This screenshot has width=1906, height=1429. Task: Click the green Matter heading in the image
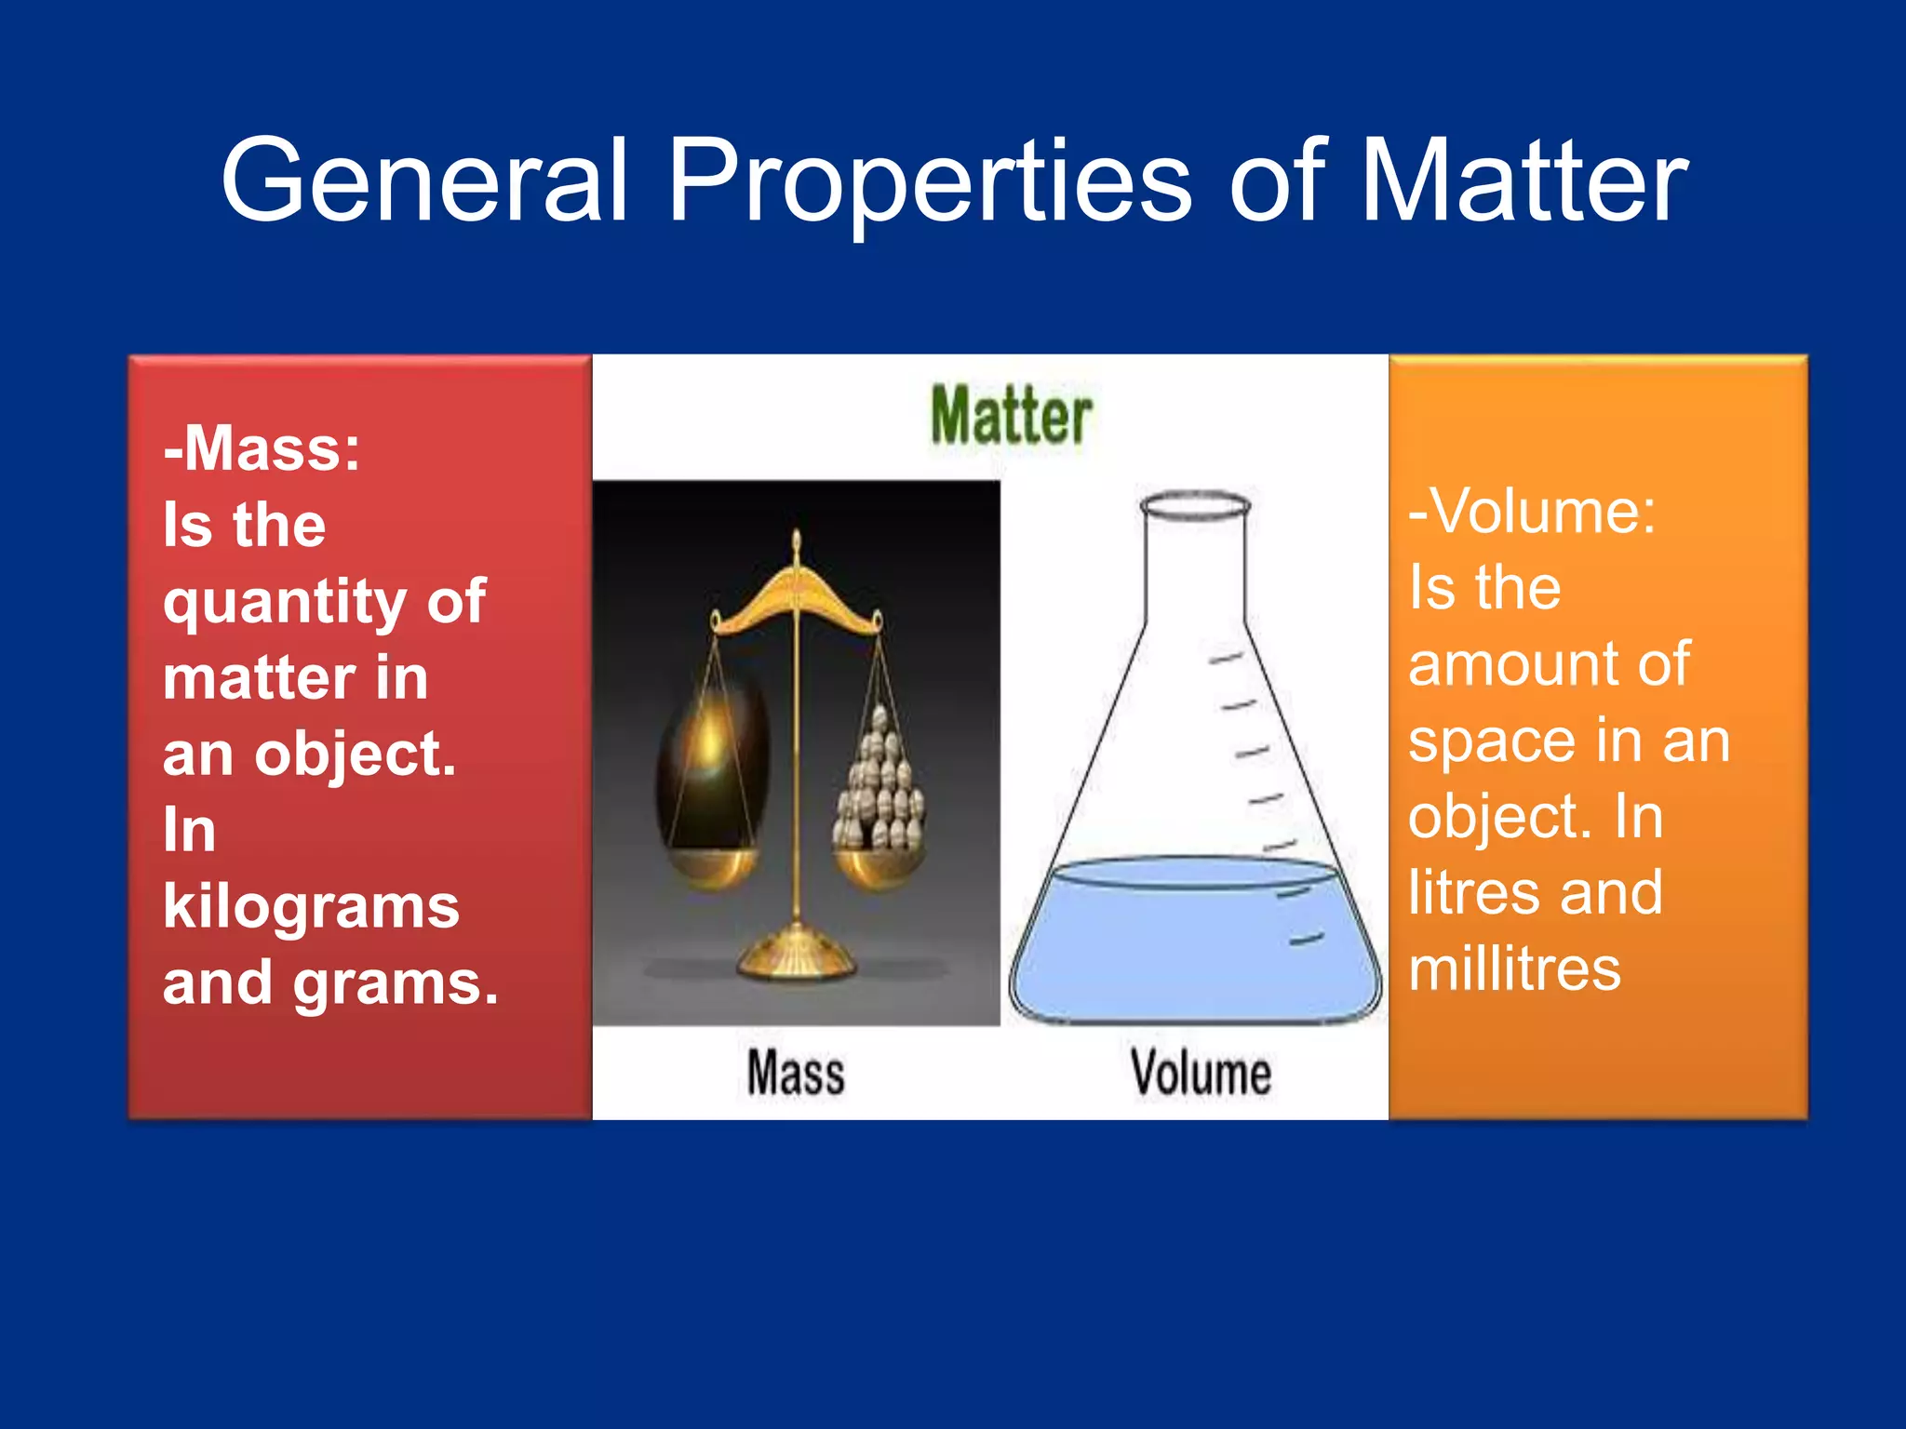(x=1011, y=416)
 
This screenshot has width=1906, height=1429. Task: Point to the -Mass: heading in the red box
(x=262, y=448)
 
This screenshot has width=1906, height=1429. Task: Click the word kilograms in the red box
(x=311, y=906)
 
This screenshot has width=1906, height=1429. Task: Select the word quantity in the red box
(x=284, y=602)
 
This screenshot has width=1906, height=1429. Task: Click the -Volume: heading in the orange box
(x=1532, y=511)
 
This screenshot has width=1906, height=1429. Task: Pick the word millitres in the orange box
(x=1514, y=969)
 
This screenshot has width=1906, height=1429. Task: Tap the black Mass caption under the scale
(x=796, y=1073)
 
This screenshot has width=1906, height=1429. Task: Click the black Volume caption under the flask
(x=1201, y=1073)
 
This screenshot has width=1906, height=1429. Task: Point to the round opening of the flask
(x=1195, y=506)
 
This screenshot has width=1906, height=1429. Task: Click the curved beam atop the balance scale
(x=796, y=600)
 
